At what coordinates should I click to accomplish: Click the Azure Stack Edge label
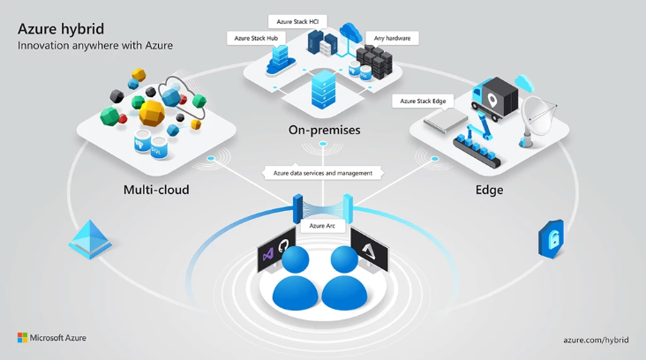point(423,101)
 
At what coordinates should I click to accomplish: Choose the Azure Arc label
point(323,226)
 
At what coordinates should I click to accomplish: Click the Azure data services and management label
point(323,173)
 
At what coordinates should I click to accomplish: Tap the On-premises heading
point(324,131)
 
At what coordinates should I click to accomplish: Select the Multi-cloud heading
point(156,190)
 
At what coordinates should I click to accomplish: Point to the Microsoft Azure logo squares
point(22,338)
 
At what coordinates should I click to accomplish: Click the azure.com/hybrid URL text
point(596,339)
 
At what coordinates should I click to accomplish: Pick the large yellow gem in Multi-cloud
point(153,112)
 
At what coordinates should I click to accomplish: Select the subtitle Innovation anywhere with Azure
point(95,45)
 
